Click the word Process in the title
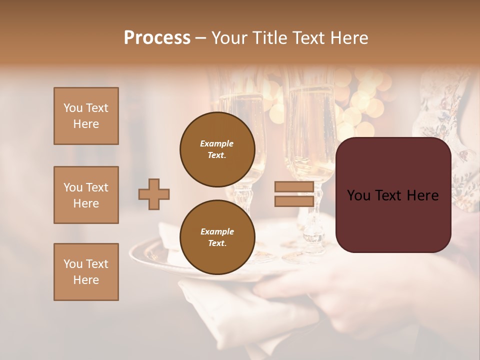[x=157, y=38]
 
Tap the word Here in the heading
[x=347, y=38]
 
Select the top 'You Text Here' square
[x=86, y=116]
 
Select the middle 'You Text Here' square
[x=86, y=195]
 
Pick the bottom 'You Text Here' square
[x=86, y=272]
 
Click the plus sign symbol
[x=154, y=194]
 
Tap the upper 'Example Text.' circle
[x=217, y=149]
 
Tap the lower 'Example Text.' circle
[x=217, y=237]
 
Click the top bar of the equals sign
[x=294, y=187]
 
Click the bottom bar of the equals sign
[x=294, y=201]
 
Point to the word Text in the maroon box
[x=393, y=195]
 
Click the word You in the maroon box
[x=359, y=195]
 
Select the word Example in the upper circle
[x=217, y=143]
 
